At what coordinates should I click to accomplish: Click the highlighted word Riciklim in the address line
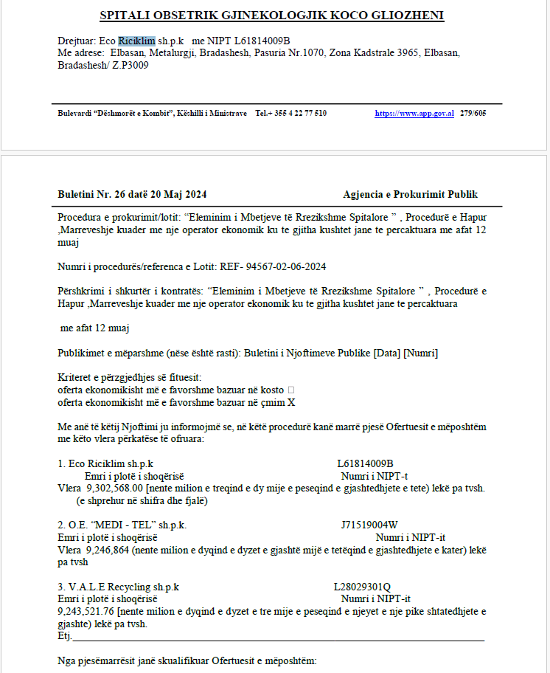tap(136, 40)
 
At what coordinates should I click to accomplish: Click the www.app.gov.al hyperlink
tap(414, 113)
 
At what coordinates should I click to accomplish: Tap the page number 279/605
tap(473, 113)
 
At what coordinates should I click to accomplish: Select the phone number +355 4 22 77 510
tap(291, 113)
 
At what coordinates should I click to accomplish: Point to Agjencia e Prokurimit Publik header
tap(410, 194)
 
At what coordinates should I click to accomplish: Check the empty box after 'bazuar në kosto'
tap(291, 390)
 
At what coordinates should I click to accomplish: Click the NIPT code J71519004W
tap(369, 525)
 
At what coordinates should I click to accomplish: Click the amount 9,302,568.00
tap(114, 489)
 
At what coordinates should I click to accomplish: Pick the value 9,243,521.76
tap(86, 611)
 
